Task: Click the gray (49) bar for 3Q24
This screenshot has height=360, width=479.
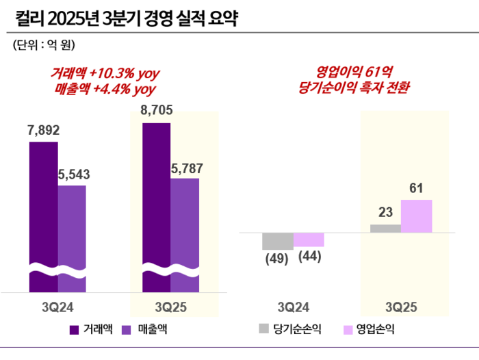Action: pyautogui.click(x=277, y=241)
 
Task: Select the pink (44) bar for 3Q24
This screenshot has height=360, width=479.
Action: pyautogui.click(x=309, y=240)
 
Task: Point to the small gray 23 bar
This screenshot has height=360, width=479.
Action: pyautogui.click(x=385, y=228)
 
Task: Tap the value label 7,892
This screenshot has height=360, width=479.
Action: pyautogui.click(x=43, y=129)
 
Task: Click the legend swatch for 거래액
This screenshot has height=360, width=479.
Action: pyautogui.click(x=74, y=329)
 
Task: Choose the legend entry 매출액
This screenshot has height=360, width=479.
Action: pyautogui.click(x=146, y=329)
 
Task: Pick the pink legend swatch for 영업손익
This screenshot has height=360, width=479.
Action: pyautogui.click(x=348, y=329)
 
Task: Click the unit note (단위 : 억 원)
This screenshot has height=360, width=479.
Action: pyautogui.click(x=43, y=45)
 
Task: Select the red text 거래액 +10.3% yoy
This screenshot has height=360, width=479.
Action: pyautogui.click(x=105, y=73)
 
